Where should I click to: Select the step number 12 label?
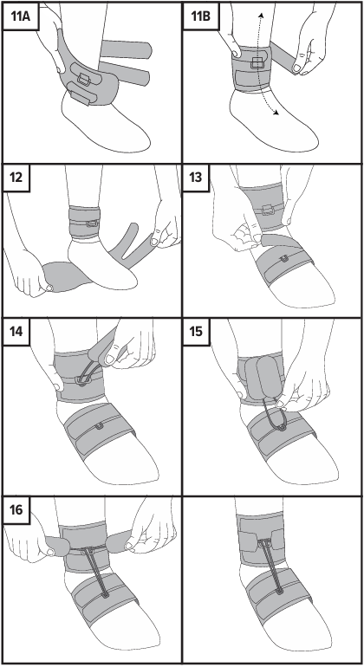(16, 176)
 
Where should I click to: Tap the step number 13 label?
(196, 176)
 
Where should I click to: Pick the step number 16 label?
(16, 508)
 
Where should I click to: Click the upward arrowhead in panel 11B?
(261, 15)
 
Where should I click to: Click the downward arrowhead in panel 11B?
(276, 113)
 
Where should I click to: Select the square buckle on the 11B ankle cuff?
(256, 63)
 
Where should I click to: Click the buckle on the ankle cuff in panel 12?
(93, 223)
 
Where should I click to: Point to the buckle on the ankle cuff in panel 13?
(268, 210)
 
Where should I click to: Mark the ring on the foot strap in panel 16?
(105, 594)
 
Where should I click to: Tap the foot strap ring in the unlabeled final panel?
(280, 592)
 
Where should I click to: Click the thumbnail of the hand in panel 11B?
(296, 68)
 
